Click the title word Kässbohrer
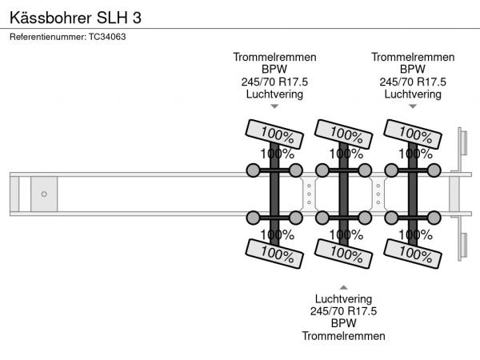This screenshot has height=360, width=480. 47,16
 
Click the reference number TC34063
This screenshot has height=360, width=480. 107,36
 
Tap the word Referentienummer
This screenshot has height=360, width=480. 48,36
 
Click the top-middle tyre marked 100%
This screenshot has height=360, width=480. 342,133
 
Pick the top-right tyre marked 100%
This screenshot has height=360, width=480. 411,133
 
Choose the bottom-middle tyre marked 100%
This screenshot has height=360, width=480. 342,254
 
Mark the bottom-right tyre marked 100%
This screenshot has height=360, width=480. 411,254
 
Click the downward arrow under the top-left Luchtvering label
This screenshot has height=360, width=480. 274,106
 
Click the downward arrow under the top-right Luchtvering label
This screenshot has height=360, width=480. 413,106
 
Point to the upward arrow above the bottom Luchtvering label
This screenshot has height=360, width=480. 343,286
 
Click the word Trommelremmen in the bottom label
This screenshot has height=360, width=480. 343,336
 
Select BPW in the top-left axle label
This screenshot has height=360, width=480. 274,70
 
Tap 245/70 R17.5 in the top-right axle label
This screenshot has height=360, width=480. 413,82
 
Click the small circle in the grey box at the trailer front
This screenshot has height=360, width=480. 44,194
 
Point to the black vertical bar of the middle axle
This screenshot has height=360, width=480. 343,194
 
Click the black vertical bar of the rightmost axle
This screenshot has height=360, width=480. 413,194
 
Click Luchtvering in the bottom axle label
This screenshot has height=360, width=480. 343,298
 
